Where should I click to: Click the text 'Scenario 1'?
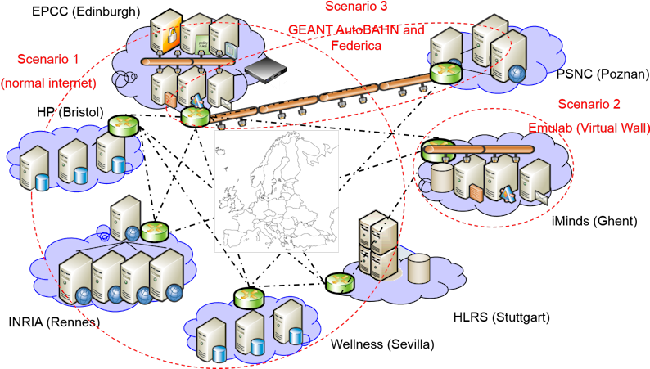48,59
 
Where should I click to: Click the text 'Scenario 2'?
589,104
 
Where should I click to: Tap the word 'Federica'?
356,47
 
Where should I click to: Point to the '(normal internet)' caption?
48,83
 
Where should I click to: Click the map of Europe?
276,191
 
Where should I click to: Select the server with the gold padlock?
169,34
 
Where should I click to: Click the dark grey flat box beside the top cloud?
263,71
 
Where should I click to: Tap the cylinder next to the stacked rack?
418,267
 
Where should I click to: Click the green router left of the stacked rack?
340,284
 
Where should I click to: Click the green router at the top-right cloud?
445,73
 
